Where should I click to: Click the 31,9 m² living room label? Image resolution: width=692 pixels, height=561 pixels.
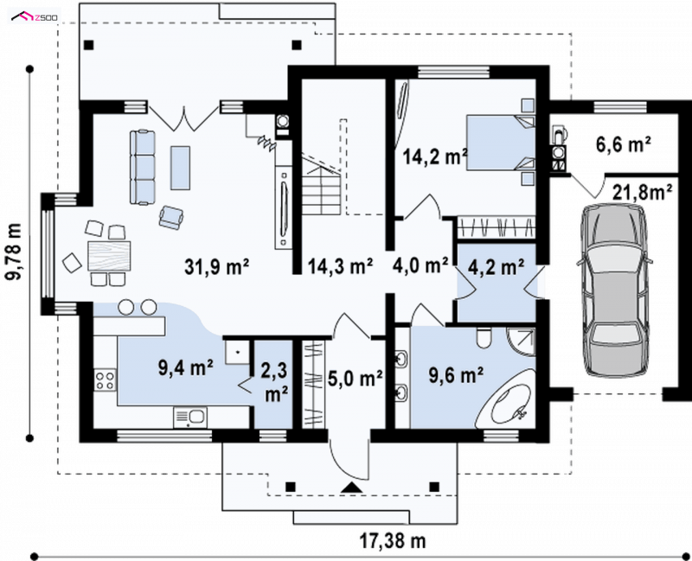(x=217, y=267)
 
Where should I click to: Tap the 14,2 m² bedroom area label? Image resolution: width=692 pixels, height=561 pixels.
(x=435, y=156)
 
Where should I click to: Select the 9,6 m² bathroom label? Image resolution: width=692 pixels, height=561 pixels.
(x=457, y=376)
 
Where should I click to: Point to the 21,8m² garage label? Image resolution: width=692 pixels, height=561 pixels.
(x=643, y=192)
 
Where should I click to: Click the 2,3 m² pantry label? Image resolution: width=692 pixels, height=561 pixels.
(x=274, y=382)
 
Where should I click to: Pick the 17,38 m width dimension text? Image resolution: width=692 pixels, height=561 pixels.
(x=393, y=541)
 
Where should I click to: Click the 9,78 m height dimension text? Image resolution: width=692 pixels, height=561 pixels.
(x=14, y=252)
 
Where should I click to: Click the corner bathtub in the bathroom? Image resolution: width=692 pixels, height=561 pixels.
(x=507, y=399)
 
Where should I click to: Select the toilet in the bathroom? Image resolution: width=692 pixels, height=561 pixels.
(x=484, y=338)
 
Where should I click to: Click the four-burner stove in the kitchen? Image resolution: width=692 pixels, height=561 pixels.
(x=105, y=380)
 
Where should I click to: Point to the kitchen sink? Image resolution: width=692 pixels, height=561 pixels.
(x=190, y=418)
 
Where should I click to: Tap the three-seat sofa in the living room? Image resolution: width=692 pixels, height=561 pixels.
(x=143, y=167)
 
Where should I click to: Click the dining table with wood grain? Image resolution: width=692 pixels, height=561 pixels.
(x=110, y=256)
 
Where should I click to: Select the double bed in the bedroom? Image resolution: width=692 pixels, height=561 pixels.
(x=501, y=143)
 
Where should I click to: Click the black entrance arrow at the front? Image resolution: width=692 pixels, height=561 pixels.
(x=352, y=488)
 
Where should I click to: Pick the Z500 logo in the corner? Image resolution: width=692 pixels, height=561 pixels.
(x=35, y=17)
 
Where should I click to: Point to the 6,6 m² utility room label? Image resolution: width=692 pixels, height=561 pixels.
(x=623, y=144)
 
